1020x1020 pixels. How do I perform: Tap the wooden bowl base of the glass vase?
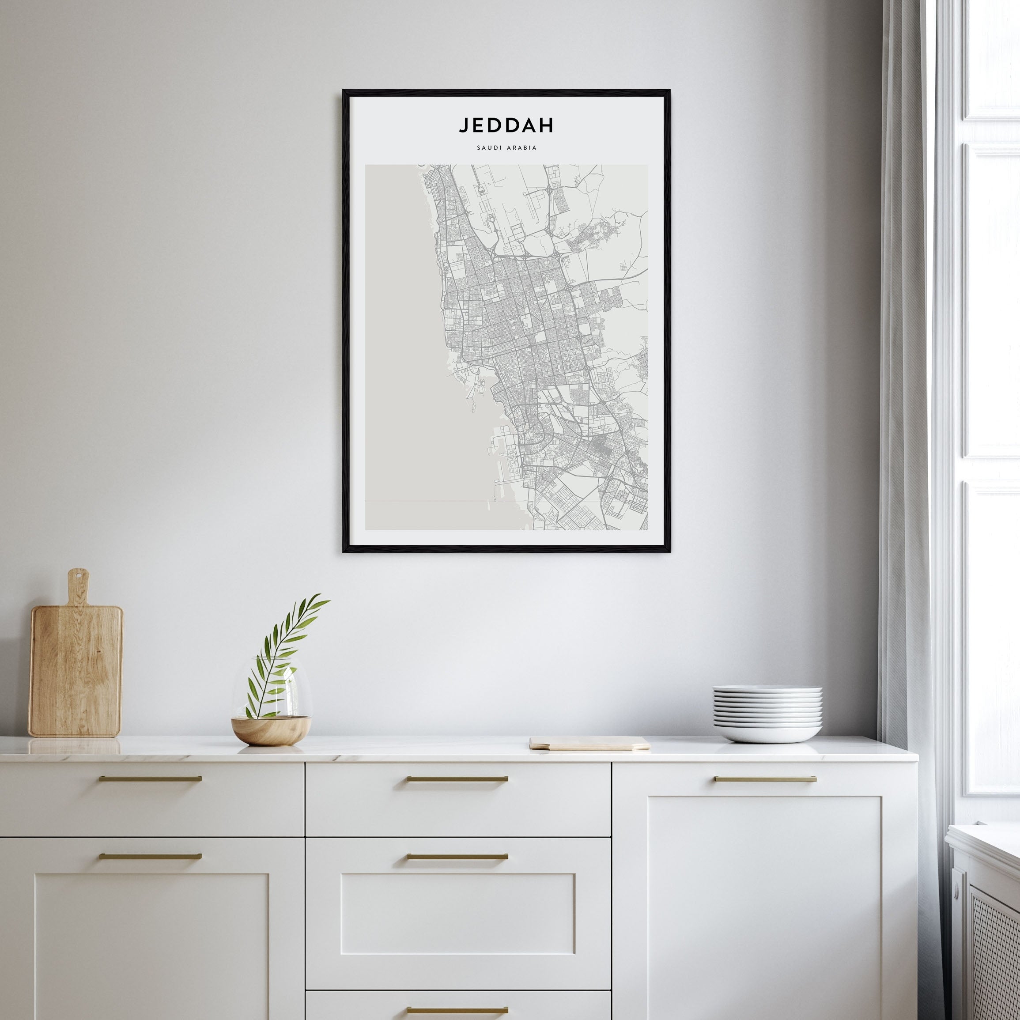[271, 729]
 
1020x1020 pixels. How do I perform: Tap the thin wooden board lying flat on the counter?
[589, 743]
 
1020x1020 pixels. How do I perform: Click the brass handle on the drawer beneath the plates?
[765, 779]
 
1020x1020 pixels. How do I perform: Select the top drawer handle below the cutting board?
[150, 778]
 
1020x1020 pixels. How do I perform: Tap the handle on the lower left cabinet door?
[150, 856]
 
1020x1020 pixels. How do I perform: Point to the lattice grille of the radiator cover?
[993, 950]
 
